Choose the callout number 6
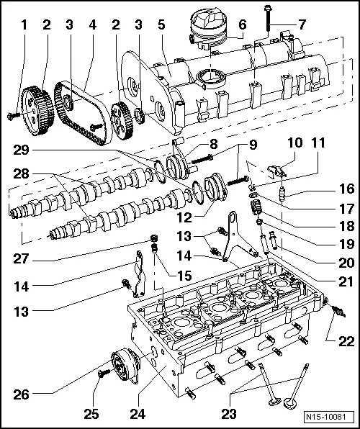[242, 24]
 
